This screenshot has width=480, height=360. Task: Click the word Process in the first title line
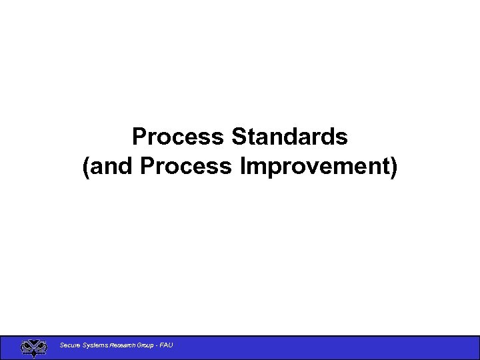click(179, 137)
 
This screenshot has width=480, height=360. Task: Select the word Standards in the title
click(289, 137)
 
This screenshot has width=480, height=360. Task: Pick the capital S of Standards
click(239, 137)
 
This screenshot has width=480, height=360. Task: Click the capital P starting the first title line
click(139, 137)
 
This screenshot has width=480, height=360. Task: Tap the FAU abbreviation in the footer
click(167, 345)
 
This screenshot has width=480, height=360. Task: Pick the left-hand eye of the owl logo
click(27, 346)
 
